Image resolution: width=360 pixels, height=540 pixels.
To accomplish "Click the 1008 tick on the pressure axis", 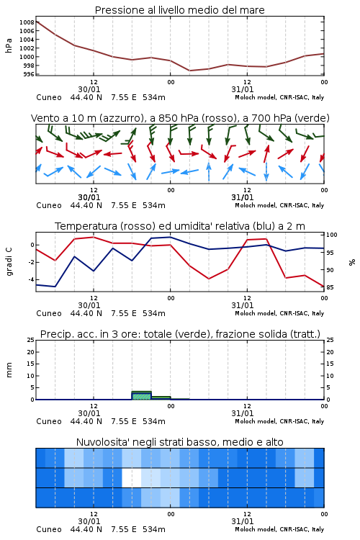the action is coord(27,22).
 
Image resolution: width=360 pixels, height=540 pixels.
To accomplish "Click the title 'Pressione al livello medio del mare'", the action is coord(180,10).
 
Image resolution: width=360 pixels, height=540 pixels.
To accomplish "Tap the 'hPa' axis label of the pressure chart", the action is coord(9,45).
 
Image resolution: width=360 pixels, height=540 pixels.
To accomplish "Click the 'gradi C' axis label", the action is coord(9,262).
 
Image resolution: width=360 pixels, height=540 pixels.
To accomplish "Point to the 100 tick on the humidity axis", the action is coord(332,235).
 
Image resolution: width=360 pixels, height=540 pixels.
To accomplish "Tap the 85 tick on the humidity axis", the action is coord(330,287).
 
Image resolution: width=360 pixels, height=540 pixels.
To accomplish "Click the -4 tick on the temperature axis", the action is coord(31,279).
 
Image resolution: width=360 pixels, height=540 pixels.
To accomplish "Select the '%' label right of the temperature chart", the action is coord(352,262).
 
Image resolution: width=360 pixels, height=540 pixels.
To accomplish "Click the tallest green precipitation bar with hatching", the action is coord(142,395).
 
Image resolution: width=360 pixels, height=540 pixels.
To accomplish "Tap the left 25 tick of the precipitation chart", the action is coord(31,340).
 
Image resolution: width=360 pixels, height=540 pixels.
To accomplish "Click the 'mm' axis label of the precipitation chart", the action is coord(9,370).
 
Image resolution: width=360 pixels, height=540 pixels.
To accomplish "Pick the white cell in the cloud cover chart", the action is coord(132,477).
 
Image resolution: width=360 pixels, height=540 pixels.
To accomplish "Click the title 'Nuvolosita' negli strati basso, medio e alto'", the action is coord(180,442).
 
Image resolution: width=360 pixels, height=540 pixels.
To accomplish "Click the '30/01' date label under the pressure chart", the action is coord(89,89).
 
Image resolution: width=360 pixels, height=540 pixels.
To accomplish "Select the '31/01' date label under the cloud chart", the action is coord(243,521).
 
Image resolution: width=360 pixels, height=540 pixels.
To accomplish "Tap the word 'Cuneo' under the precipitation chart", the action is coord(49,421).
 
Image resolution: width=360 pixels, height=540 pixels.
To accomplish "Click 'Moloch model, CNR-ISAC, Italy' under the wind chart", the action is coord(279,205).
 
